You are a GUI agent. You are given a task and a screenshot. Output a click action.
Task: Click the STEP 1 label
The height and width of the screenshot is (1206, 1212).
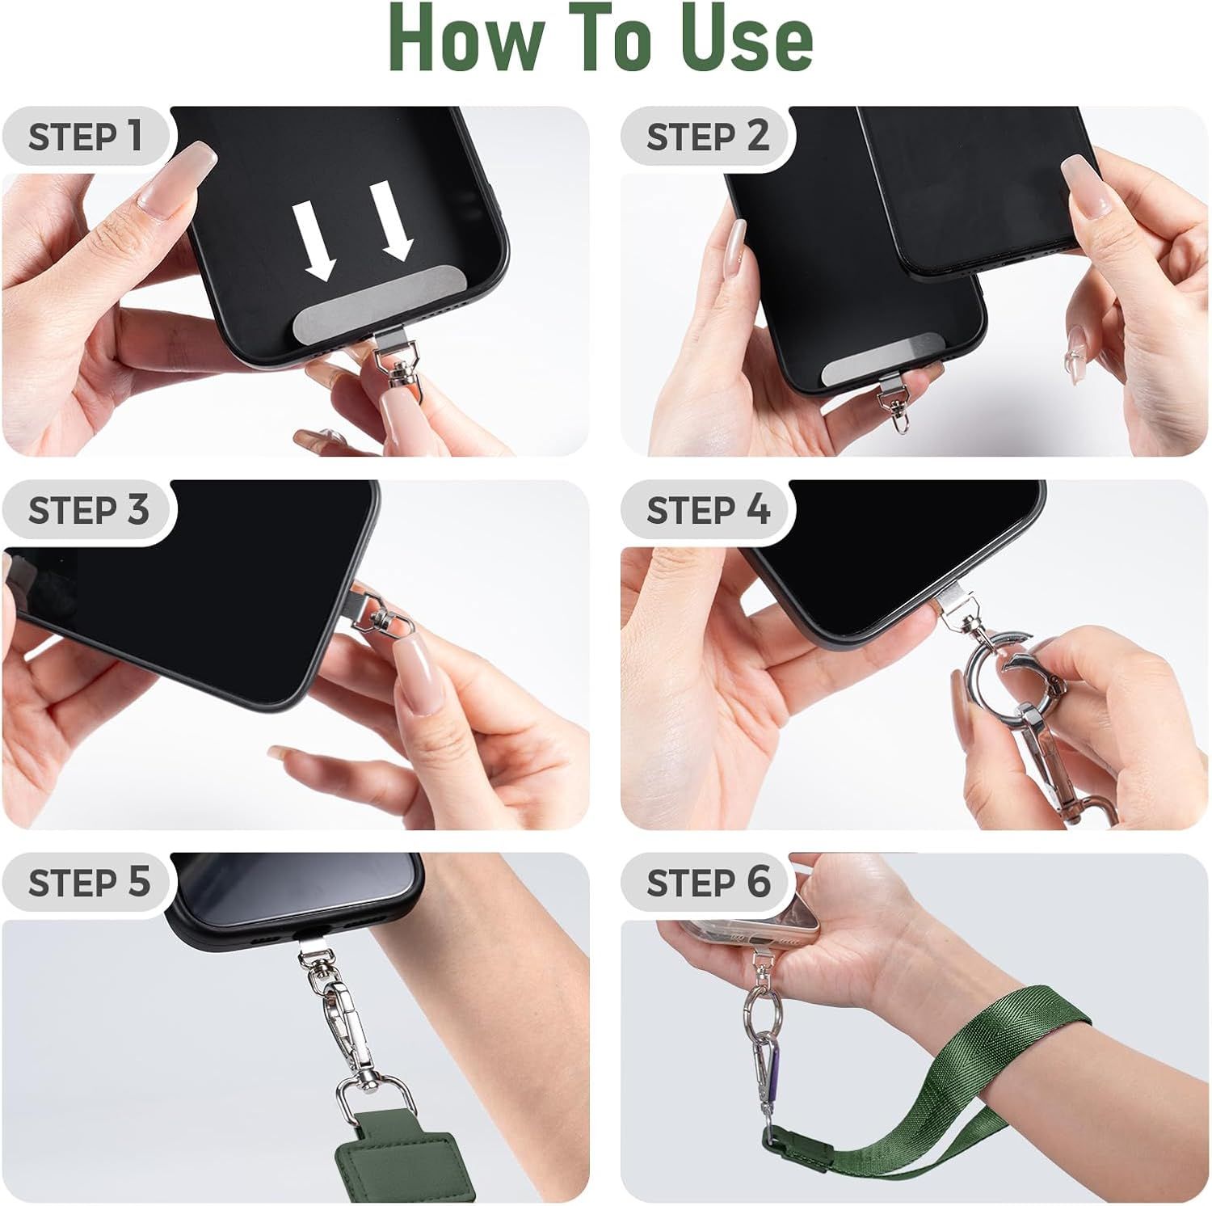[86, 136]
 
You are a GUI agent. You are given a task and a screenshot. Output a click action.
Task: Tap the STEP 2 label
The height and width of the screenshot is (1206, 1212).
[708, 136]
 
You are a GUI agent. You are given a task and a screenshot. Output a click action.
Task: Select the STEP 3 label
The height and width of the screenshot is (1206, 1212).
[88, 510]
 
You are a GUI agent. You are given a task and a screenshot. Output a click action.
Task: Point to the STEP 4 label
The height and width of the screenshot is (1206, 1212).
[708, 510]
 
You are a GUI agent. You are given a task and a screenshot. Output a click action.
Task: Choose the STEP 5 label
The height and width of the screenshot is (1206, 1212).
[88, 882]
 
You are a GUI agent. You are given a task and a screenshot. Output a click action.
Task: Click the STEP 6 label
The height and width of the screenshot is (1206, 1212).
[708, 882]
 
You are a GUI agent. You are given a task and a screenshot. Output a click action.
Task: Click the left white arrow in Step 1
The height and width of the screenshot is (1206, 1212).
[314, 241]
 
